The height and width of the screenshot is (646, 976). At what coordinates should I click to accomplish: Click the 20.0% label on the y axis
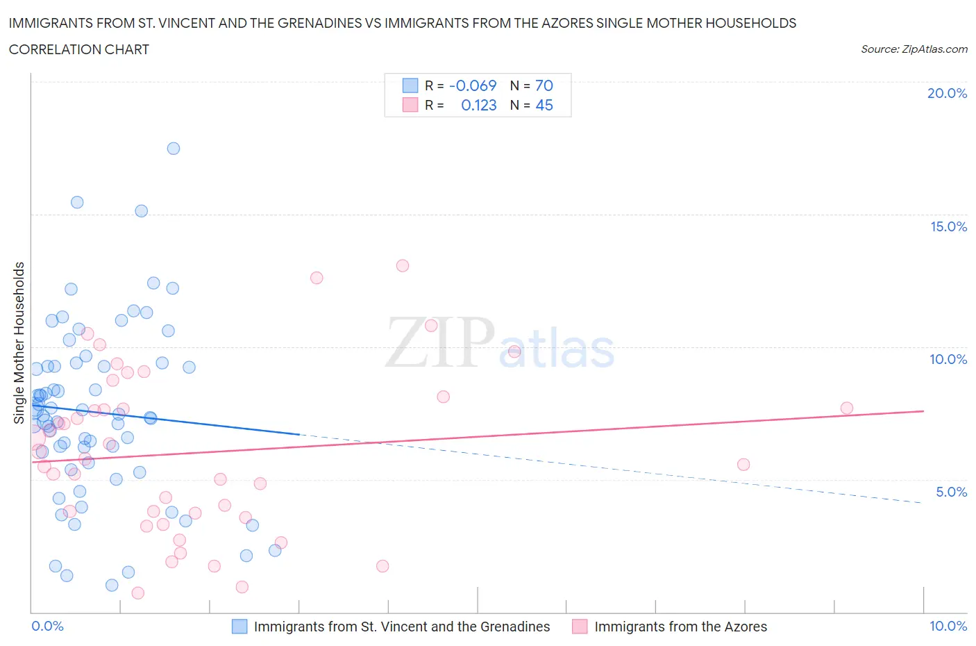pyautogui.click(x=947, y=93)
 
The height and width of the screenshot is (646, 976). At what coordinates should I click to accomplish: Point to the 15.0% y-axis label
pyautogui.click(x=948, y=226)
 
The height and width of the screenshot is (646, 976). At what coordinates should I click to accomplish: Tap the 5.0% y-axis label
pyautogui.click(x=951, y=492)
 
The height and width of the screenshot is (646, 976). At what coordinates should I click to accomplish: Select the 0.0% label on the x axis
pyautogui.click(x=47, y=626)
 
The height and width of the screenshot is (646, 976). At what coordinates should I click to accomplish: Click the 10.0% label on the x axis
pyautogui.click(x=948, y=626)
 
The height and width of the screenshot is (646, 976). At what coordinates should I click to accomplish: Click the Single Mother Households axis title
pyautogui.click(x=19, y=342)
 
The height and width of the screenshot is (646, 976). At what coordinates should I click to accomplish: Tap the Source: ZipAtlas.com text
pyautogui.click(x=914, y=49)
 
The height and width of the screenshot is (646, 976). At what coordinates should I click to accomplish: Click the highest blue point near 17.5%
pyautogui.click(x=174, y=149)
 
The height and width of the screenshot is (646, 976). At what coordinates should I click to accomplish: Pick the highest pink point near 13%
pyautogui.click(x=403, y=265)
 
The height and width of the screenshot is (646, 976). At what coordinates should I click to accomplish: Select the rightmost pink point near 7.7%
pyautogui.click(x=846, y=408)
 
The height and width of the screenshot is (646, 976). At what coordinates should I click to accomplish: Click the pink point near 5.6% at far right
pyautogui.click(x=743, y=465)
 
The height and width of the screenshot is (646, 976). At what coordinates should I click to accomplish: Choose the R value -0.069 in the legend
pyautogui.click(x=473, y=85)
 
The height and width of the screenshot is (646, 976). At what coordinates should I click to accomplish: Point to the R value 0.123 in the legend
pyautogui.click(x=478, y=105)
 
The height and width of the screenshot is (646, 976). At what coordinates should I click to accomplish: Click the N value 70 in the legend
pyautogui.click(x=544, y=85)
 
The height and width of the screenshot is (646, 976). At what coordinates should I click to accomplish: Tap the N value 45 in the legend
pyautogui.click(x=544, y=105)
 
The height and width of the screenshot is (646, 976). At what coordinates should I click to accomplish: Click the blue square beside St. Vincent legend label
pyautogui.click(x=239, y=627)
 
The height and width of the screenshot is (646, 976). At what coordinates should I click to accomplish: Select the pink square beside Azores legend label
pyautogui.click(x=580, y=627)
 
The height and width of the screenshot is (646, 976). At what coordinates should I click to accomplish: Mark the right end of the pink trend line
pyautogui.click(x=923, y=411)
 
